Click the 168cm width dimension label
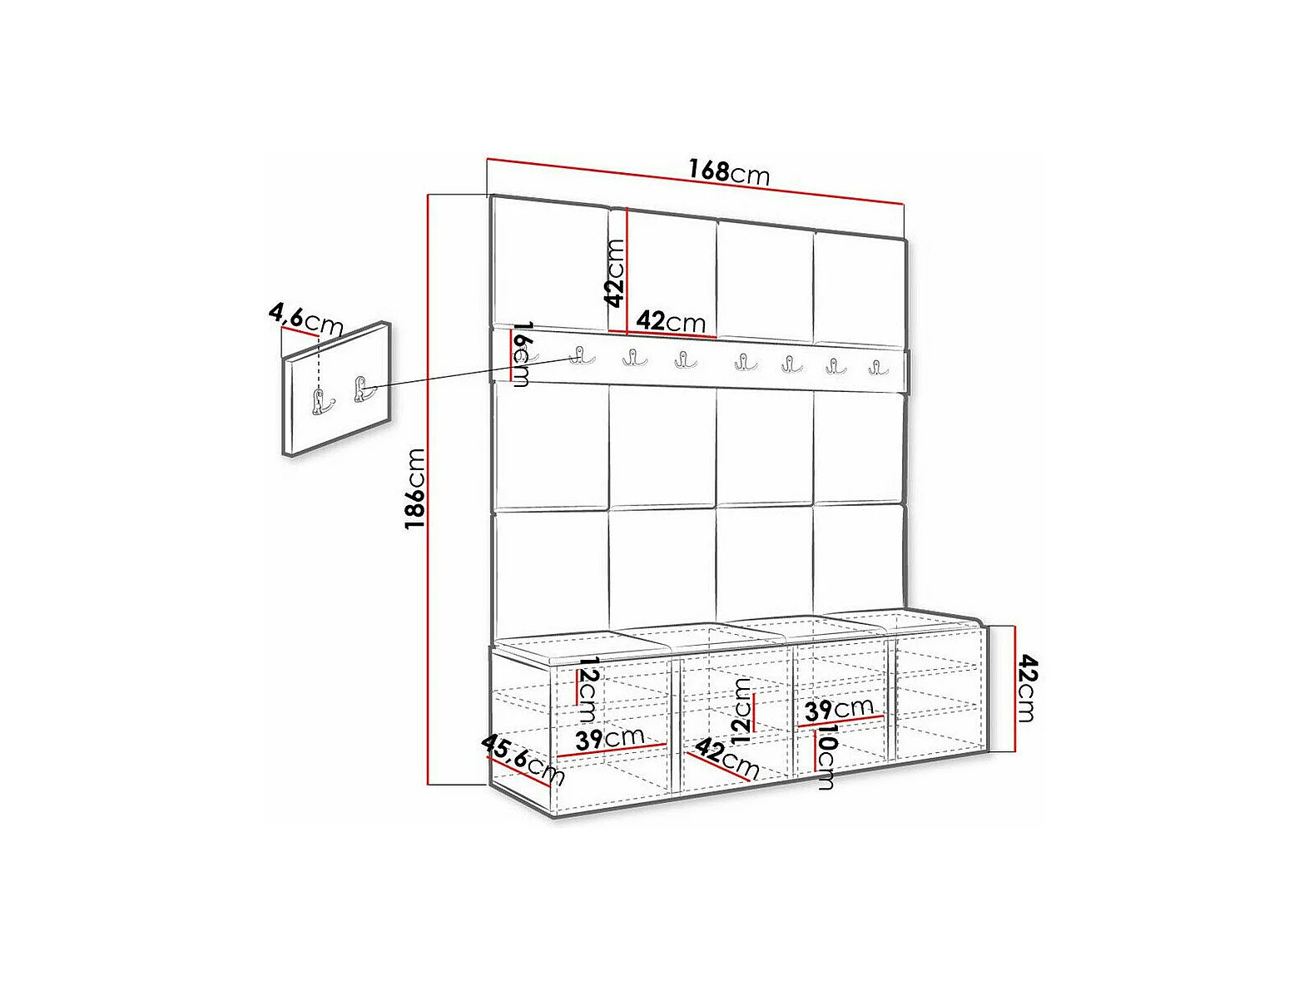729,171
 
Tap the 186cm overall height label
415,488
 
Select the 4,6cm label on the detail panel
306,320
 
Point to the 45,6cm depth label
523,760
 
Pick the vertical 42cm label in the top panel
615,273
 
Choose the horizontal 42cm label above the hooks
670,322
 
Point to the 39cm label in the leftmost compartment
609,739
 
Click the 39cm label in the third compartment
839,709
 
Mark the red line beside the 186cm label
429,490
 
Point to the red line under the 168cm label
696,181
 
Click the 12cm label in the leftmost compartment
587,690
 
